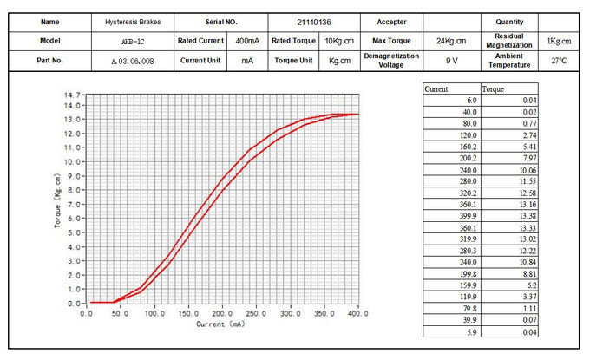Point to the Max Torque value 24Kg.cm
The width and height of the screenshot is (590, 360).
[451, 41]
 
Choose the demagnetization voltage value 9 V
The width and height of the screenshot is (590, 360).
[451, 61]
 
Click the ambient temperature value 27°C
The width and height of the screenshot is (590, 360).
[560, 61]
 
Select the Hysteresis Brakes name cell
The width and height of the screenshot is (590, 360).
[132, 21]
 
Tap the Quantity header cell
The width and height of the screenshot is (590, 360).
[508, 21]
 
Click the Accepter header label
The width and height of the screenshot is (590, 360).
[391, 21]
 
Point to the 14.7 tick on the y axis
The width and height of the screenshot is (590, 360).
[72, 94]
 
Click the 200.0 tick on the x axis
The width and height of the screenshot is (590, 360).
[222, 312]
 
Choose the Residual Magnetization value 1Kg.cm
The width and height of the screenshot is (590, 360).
[560, 41]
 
